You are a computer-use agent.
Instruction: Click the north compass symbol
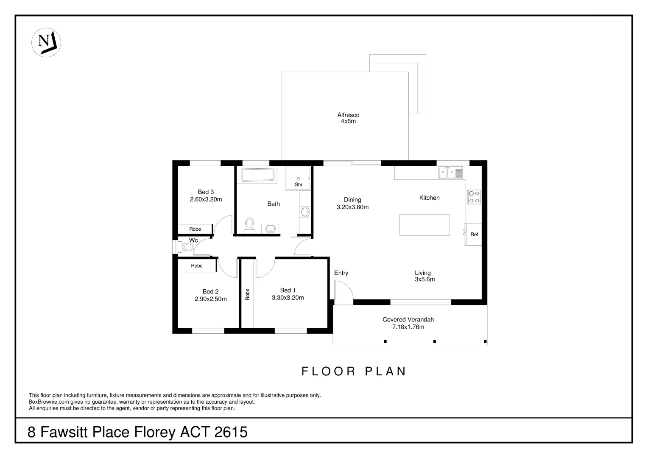[x=46, y=42]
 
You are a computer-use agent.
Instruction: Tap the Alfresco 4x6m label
[x=348, y=118]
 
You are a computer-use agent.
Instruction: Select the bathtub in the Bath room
[x=258, y=175]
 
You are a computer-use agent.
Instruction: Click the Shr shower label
[x=299, y=184]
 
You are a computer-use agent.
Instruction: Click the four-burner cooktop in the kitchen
[x=474, y=196]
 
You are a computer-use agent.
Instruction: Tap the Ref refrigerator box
[x=474, y=234]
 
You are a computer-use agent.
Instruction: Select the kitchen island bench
[x=425, y=225]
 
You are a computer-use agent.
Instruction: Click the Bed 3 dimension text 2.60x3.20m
[x=206, y=199]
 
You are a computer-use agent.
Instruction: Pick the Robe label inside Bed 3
[x=195, y=229]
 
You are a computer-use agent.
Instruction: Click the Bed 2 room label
[x=210, y=291]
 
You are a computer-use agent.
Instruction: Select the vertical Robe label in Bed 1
[x=247, y=294]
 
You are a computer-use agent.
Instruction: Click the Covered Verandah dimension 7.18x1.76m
[x=408, y=327]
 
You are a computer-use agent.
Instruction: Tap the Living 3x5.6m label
[x=425, y=276]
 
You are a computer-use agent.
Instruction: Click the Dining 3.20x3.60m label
[x=352, y=204]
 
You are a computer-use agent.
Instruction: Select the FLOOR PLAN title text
[x=354, y=371]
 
